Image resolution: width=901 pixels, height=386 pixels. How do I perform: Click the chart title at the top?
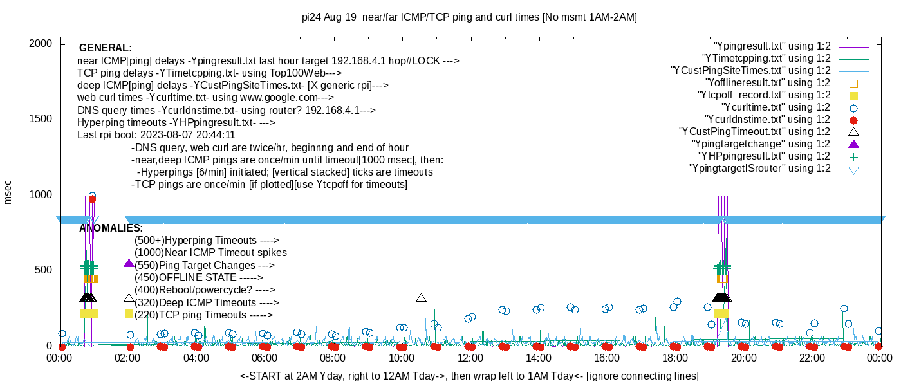(469, 17)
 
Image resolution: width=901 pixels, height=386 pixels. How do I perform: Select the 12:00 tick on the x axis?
(470, 358)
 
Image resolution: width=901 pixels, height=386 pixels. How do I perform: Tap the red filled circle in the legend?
(854, 120)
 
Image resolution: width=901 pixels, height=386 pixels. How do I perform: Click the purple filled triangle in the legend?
(854, 143)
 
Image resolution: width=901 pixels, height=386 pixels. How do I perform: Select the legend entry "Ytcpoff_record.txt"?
(763, 95)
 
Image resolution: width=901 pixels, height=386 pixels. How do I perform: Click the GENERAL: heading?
(106, 48)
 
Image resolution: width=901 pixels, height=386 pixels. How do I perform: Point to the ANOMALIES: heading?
(111, 228)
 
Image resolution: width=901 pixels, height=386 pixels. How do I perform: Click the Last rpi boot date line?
(156, 136)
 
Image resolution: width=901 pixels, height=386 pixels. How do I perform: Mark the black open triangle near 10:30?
(422, 298)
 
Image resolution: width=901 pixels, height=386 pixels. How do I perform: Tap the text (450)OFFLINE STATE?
(198, 278)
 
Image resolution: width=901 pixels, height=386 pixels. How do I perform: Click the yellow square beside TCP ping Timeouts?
(129, 314)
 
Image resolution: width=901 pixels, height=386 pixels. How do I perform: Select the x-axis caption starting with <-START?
(469, 376)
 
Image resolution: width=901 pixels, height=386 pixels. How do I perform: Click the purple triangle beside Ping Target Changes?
(129, 264)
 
